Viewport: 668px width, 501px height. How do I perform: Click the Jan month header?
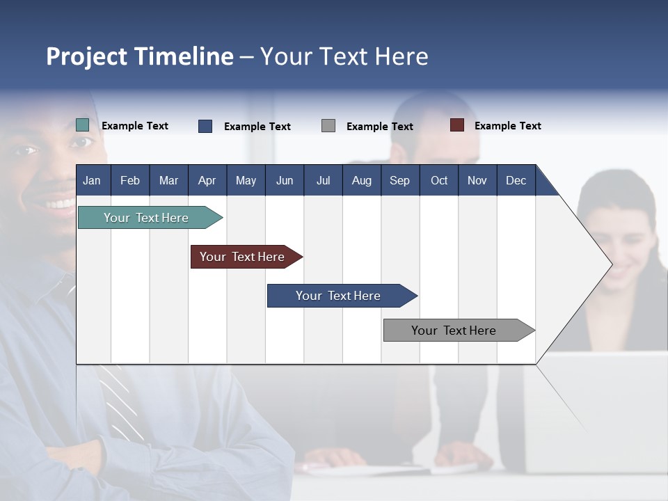point(92,180)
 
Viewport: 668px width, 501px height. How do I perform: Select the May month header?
point(246,180)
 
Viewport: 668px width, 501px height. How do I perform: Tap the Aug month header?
point(361,180)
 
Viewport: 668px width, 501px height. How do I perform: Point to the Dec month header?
point(516,180)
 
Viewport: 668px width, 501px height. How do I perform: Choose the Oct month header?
point(439,180)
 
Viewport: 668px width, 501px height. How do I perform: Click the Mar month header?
point(168,180)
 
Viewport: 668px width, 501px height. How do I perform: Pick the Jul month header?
point(323,180)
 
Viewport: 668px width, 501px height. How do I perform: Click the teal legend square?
point(82,125)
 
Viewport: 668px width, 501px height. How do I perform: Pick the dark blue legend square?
point(205,126)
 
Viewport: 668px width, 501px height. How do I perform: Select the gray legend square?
point(328,126)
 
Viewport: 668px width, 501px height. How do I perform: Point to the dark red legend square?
point(457,125)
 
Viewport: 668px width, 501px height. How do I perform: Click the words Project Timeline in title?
point(139,56)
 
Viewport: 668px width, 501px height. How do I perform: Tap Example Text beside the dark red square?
point(507,126)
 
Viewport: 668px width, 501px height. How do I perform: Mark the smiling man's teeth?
point(61,204)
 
